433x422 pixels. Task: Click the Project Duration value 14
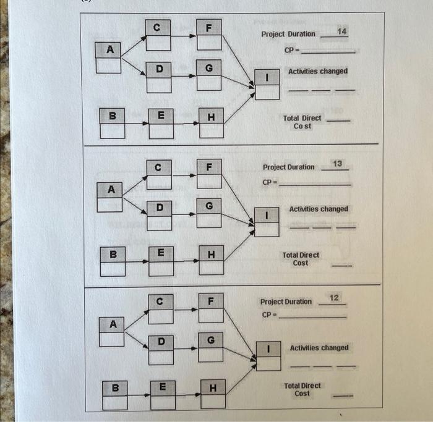tap(342, 31)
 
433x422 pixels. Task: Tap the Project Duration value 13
tap(337, 163)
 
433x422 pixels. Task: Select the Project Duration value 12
tap(334, 298)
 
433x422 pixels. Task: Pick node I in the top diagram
tap(267, 78)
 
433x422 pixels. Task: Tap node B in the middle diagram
tap(112, 253)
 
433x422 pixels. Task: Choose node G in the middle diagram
tap(209, 206)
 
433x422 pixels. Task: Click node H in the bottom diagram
tap(213, 388)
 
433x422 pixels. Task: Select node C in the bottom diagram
tap(159, 302)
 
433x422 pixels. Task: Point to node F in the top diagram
tap(209, 28)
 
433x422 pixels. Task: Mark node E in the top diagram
tap(160, 115)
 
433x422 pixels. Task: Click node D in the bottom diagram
tap(161, 341)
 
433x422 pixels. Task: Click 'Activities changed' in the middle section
tap(319, 209)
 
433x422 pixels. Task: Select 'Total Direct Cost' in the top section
tap(302, 122)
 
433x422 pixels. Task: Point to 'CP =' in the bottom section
tap(268, 314)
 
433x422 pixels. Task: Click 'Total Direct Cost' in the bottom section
tap(302, 389)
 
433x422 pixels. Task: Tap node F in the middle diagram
tap(210, 167)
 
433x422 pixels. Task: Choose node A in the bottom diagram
tap(113, 323)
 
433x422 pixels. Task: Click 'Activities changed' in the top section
tap(318, 72)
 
